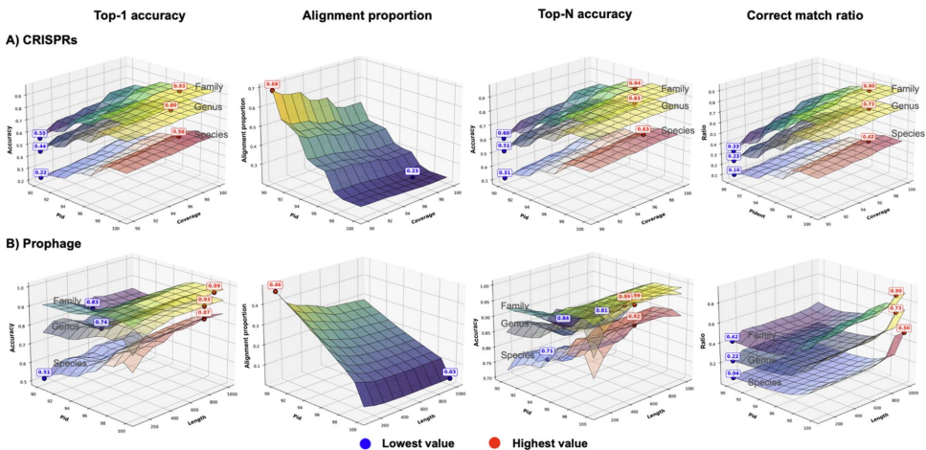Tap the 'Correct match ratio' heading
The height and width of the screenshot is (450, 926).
(803, 15)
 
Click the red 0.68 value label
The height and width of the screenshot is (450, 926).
(272, 84)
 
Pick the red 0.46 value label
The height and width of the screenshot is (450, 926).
(274, 284)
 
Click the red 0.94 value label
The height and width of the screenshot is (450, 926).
(634, 84)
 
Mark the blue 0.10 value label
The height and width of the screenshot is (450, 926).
(733, 169)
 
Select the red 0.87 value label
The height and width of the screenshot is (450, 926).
(204, 312)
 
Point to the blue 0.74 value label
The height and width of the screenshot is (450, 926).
(102, 322)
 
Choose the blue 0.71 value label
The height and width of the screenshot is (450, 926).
(547, 350)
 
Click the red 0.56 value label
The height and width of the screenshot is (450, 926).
(178, 132)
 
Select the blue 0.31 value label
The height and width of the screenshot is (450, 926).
(504, 171)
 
